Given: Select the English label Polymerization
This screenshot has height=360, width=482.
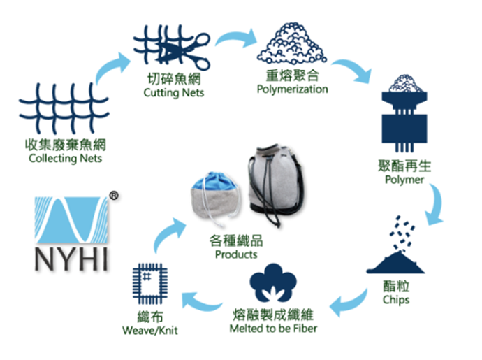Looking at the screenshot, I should (x=292, y=89).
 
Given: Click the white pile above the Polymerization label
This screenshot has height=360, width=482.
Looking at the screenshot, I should (x=293, y=43).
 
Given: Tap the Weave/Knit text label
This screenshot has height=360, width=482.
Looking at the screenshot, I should (x=149, y=330).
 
